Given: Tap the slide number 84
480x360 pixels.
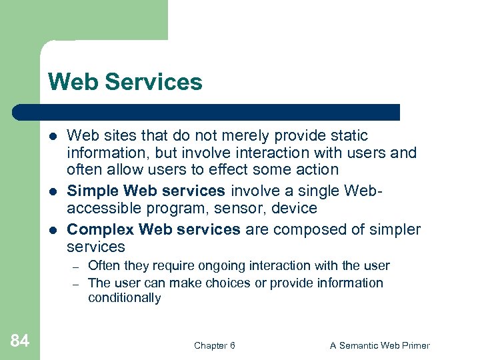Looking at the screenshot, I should [x=20, y=342].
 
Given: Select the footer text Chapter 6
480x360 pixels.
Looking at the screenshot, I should [x=214, y=345].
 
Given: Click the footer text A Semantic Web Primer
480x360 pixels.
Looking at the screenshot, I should [x=380, y=345].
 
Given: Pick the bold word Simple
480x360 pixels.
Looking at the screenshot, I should [x=93, y=191].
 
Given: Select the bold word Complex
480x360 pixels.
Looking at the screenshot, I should [x=101, y=230].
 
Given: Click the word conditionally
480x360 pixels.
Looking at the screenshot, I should [x=124, y=298].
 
